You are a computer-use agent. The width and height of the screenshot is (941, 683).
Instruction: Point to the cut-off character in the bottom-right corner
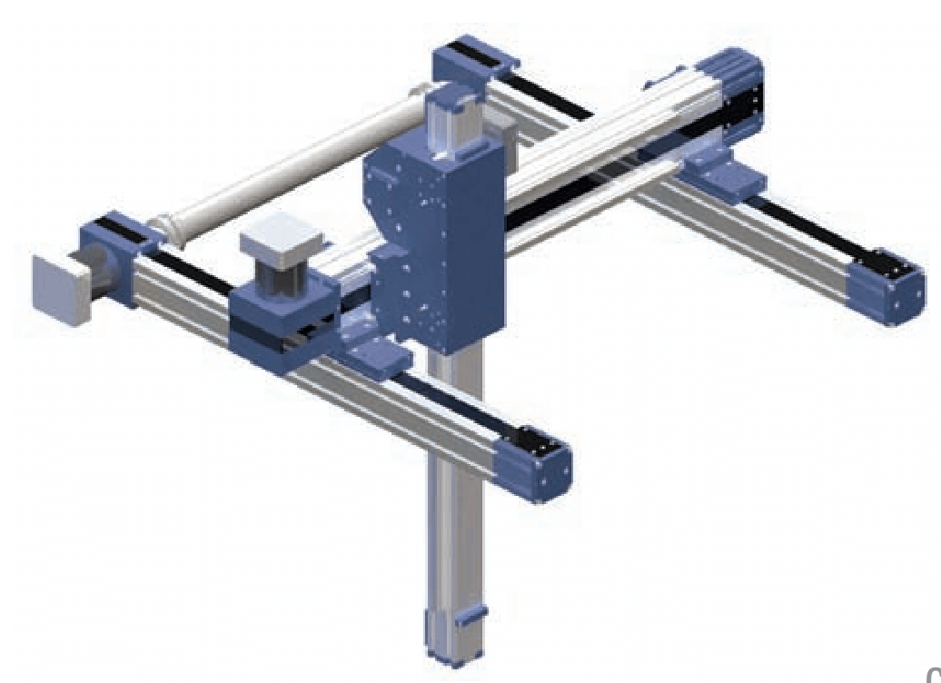click(x=933, y=673)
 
